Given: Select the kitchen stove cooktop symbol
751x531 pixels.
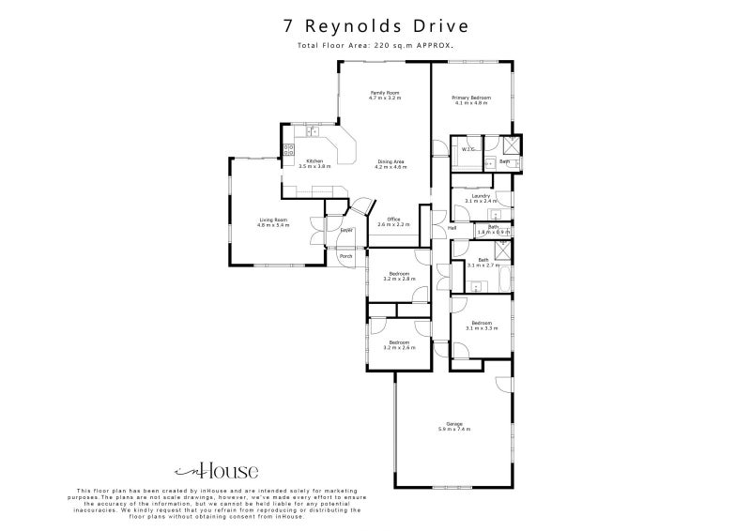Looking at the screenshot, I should (x=290, y=147).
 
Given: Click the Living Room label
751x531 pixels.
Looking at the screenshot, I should (x=274, y=222).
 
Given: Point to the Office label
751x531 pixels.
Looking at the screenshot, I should (x=394, y=221).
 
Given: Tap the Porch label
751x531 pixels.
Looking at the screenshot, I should (x=345, y=256).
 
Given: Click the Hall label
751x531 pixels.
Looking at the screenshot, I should (x=452, y=228).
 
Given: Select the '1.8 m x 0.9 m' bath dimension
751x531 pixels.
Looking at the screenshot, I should (x=494, y=232).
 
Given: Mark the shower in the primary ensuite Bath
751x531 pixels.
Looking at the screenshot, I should (x=512, y=144).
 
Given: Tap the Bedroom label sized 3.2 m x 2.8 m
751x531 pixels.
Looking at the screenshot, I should (x=398, y=275).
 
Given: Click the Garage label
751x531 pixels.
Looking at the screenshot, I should (x=454, y=425).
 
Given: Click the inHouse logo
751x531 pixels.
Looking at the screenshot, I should (x=217, y=471).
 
